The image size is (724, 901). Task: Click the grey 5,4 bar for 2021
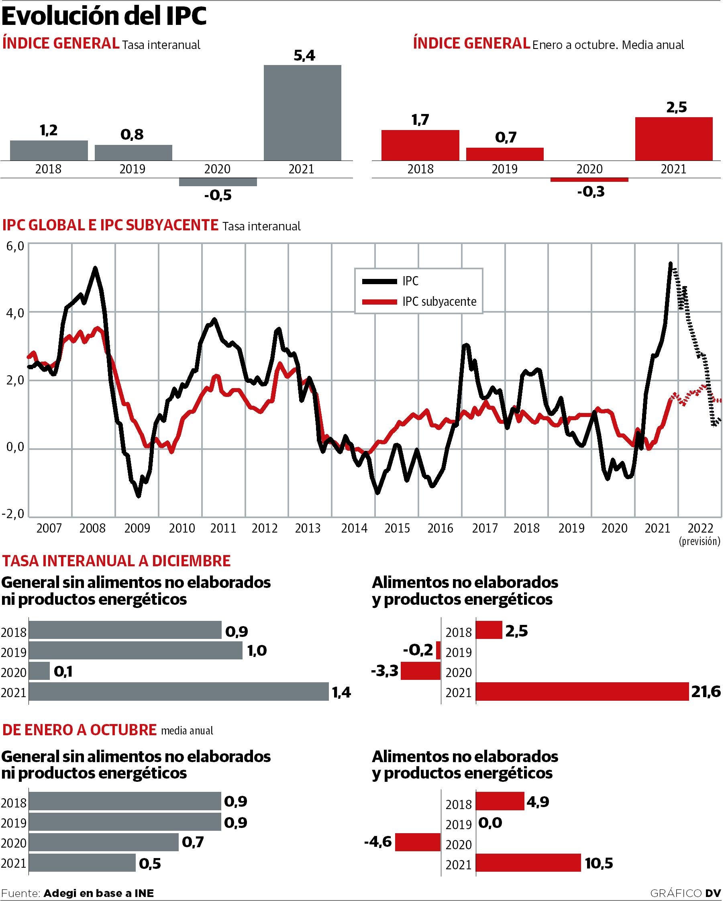click(302, 112)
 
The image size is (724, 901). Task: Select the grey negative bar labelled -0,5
click(218, 182)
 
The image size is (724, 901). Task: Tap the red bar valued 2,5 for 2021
click(673, 138)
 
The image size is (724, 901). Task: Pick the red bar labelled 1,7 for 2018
click(420, 145)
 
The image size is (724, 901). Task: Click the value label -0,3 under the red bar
click(590, 192)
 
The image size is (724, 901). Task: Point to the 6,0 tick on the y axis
click(15, 246)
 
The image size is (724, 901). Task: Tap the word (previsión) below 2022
click(700, 541)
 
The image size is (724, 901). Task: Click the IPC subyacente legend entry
click(439, 302)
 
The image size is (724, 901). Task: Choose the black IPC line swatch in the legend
click(379, 281)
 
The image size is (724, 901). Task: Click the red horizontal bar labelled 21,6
click(582, 691)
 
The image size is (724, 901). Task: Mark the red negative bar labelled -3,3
click(420, 671)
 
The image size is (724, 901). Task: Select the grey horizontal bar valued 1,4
click(179, 691)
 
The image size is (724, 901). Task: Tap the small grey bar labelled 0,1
click(39, 671)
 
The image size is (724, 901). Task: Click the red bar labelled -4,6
click(417, 841)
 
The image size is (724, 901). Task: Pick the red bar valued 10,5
click(528, 862)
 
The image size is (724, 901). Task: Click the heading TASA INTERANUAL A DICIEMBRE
click(116, 561)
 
